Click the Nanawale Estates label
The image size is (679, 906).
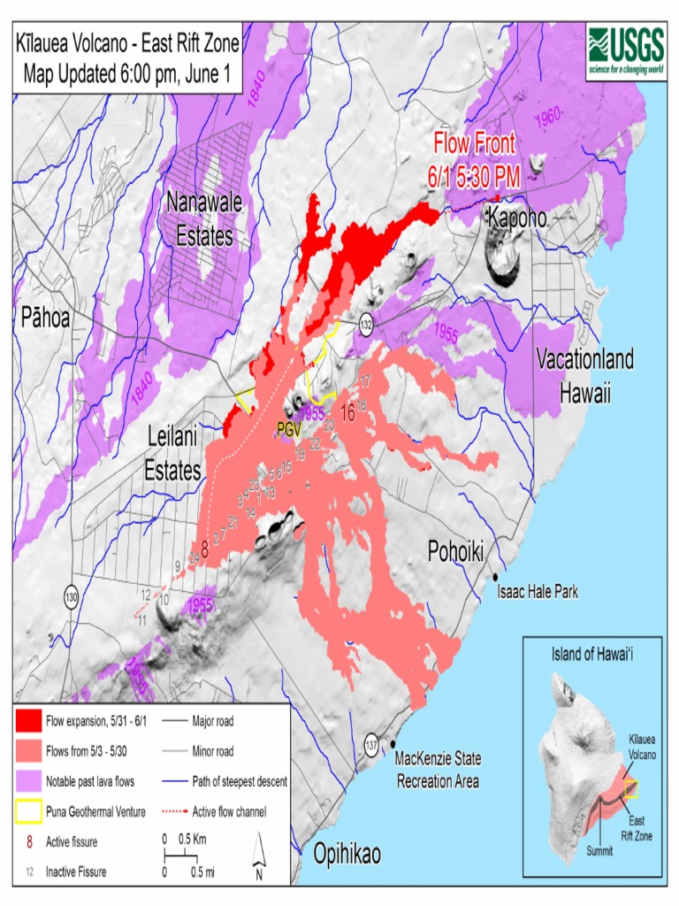coord(204,219)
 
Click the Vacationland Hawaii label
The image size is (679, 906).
coord(584,376)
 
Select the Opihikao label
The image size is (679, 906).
coord(347,854)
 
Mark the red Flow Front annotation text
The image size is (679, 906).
coord(474,159)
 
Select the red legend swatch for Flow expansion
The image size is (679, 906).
coord(29,721)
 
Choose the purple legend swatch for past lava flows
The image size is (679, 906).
coord(29,781)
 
